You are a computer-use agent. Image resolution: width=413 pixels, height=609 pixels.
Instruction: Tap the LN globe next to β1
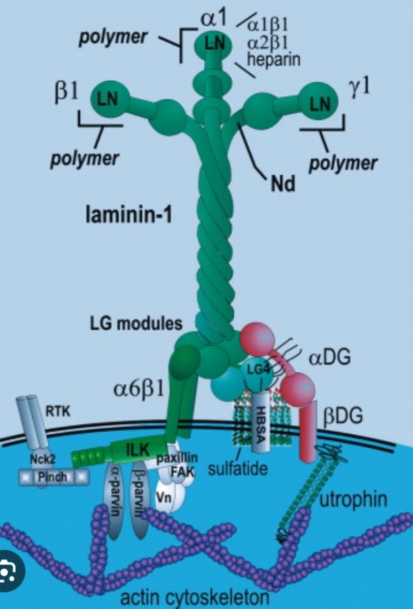point(108,98)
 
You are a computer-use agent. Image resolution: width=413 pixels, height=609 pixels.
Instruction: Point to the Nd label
point(284,183)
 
